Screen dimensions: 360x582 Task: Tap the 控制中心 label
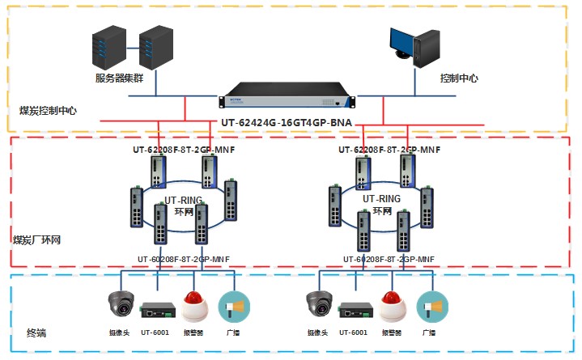(x=459, y=78)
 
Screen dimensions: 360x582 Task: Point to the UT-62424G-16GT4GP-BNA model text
(x=288, y=125)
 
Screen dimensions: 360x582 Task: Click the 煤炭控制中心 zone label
(x=48, y=109)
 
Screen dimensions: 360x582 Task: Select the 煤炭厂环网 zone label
(x=37, y=240)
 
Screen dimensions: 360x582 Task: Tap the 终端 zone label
(x=36, y=332)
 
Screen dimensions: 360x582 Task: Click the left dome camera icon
(x=121, y=306)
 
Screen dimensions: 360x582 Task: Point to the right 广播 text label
(x=429, y=332)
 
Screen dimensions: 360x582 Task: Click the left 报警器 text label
(x=193, y=332)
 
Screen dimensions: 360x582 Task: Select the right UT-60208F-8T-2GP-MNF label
(x=389, y=259)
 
